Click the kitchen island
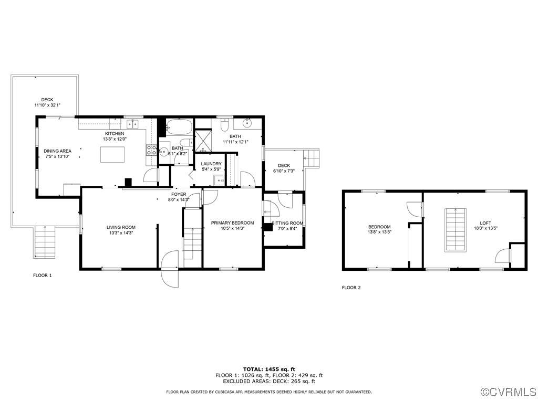click(x=113, y=155)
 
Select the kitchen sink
click(x=132, y=124)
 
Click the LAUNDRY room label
click(x=211, y=164)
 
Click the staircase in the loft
click(x=456, y=229)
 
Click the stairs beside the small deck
click(x=312, y=157)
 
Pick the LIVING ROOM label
click(x=121, y=227)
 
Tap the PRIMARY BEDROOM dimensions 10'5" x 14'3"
click(x=232, y=228)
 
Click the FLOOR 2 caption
click(x=351, y=288)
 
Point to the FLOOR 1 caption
click(x=43, y=275)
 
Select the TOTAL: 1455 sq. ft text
click(x=268, y=369)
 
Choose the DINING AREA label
click(x=57, y=151)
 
